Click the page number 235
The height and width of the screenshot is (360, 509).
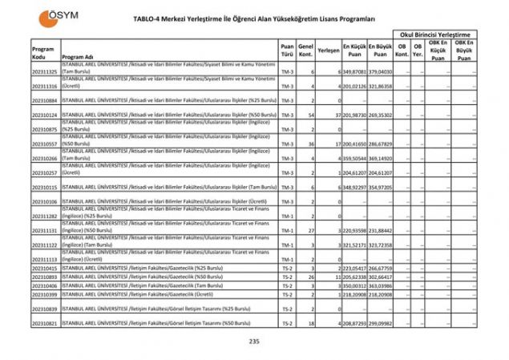[x=254, y=342]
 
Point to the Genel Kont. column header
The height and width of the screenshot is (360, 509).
[x=305, y=50]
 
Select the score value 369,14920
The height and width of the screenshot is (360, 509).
[x=381, y=158]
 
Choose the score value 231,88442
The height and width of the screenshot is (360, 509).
[x=381, y=230]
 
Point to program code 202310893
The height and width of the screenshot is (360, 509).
[x=45, y=276]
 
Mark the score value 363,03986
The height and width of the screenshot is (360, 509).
[x=381, y=285]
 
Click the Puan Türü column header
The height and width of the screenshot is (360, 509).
[x=286, y=50]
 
